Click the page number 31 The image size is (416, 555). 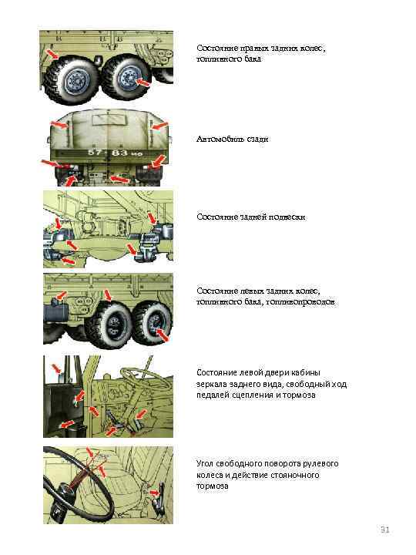[x=385, y=530]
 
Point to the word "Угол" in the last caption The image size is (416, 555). [x=205, y=464]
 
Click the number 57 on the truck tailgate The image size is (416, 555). [x=95, y=152]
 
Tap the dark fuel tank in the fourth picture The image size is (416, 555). [x=56, y=313]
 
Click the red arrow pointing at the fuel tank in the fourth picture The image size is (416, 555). [x=61, y=295]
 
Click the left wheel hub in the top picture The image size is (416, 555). [x=75, y=81]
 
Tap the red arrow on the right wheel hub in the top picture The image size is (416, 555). [x=143, y=82]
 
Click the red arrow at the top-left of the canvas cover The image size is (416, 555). [x=59, y=125]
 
